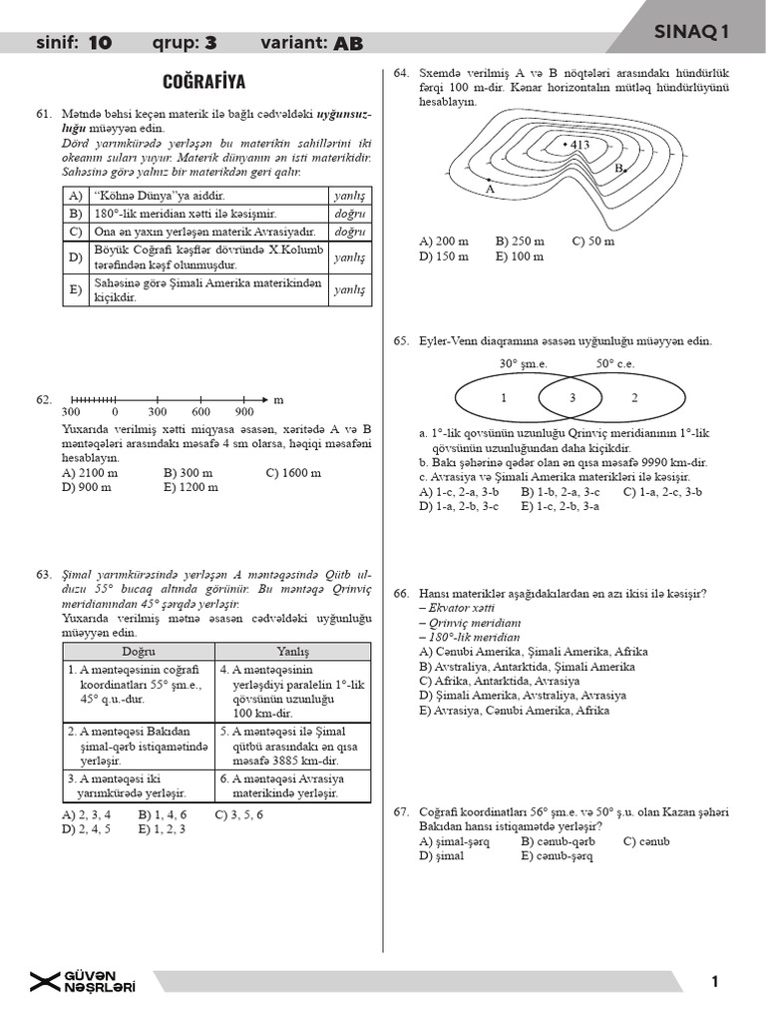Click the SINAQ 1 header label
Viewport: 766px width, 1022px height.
coord(691,32)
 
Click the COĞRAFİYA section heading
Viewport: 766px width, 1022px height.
coord(203,81)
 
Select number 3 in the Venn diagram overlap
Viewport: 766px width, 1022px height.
coord(572,397)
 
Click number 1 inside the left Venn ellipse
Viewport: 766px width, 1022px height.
coord(504,397)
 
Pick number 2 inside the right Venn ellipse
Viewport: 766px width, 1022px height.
coord(634,397)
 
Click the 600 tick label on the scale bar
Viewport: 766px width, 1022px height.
coord(201,411)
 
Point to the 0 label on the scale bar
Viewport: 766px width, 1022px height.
coord(115,411)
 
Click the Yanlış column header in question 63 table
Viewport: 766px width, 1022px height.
coord(292,651)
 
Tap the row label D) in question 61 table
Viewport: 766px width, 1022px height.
coord(75,258)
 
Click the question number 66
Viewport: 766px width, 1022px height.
coord(403,594)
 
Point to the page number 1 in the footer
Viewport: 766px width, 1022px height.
coord(715,982)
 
